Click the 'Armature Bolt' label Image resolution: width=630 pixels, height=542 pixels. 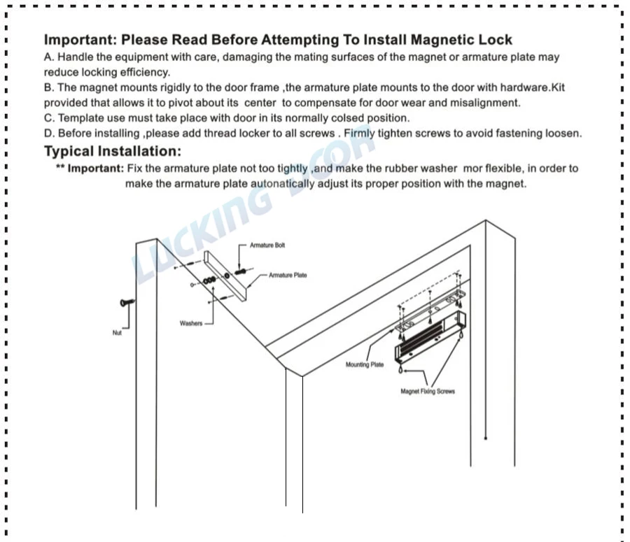pos(267,245)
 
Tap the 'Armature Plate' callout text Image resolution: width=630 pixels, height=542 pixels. pos(288,276)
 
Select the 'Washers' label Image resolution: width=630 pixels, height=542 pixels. pos(190,324)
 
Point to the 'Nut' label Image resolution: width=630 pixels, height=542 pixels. pos(117,333)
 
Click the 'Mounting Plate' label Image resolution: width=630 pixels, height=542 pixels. pos(365,365)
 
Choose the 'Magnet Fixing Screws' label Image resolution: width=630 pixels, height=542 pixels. pos(427,392)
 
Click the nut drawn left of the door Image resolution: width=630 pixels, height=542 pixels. pos(127,303)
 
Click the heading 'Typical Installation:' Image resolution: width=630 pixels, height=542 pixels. pos(113,151)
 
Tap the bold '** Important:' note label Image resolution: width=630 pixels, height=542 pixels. pos(90,169)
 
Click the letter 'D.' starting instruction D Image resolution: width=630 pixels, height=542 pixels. pos(49,133)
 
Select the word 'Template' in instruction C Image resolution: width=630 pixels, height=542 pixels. pos(81,118)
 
